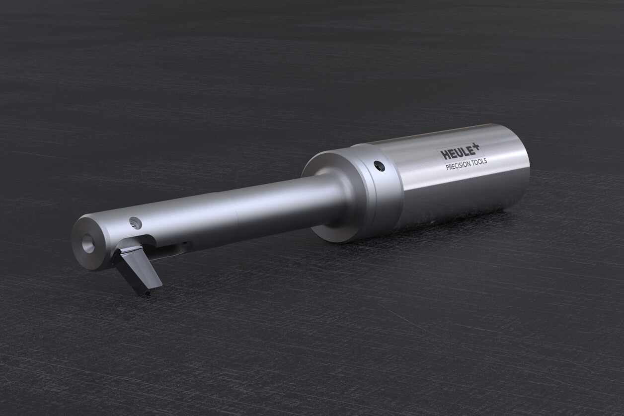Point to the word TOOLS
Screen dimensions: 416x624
coord(479,162)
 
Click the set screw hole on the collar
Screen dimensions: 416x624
coord(379,166)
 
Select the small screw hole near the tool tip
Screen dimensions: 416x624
coord(135,223)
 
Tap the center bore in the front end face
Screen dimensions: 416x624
coord(88,243)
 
